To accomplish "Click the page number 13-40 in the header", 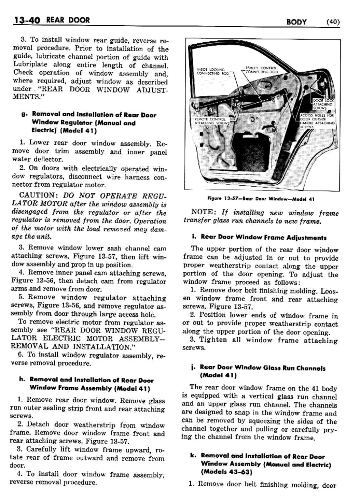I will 26,20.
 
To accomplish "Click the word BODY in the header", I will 297,22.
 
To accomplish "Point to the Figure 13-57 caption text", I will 261,199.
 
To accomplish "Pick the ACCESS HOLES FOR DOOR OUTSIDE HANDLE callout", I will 317,120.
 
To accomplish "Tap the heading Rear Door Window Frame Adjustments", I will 263,238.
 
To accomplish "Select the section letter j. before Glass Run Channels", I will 193,368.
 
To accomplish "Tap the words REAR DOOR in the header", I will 68,20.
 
